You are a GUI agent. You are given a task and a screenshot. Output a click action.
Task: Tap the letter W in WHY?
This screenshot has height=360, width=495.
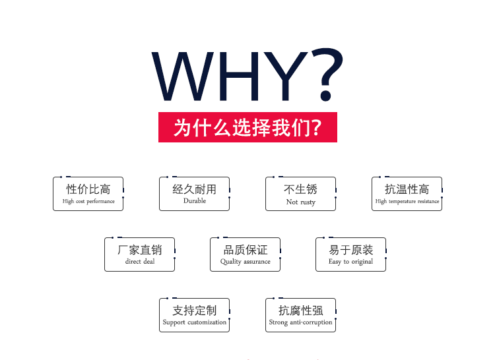pos(183,76)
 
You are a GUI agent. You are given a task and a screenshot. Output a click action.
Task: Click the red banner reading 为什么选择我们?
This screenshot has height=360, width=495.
pos(247,127)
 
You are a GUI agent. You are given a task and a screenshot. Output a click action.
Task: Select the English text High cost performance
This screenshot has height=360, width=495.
pos(88,201)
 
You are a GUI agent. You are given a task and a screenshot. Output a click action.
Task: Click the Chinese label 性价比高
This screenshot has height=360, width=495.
pos(88,189)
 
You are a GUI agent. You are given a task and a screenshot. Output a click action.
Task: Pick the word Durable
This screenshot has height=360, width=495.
pos(195,201)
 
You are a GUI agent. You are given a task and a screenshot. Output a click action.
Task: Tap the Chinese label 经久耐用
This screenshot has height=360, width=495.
pos(195,189)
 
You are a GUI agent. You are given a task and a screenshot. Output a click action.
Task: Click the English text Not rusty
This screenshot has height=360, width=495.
pos(301,202)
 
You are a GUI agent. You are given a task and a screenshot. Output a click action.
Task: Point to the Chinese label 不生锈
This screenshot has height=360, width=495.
pos(300,189)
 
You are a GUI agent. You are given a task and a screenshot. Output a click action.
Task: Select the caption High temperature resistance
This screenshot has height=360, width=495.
pos(407,201)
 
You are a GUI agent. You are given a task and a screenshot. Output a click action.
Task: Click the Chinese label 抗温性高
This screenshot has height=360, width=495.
pos(407,189)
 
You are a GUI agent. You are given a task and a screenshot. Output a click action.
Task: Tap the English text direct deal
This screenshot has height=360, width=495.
pos(140,261)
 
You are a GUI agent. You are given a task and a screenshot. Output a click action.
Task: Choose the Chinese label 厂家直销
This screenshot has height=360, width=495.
pos(140,250)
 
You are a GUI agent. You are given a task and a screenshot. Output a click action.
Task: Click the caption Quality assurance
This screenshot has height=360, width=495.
pos(246,262)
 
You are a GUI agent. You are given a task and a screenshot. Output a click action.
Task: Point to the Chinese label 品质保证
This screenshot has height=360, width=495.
pos(246,250)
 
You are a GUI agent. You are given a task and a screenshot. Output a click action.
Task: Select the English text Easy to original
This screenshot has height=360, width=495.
pos(350,262)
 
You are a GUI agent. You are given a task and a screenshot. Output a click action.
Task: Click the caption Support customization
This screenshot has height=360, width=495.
pos(195,322)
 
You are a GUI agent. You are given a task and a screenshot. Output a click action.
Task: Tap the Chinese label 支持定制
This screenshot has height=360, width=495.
pos(195,311)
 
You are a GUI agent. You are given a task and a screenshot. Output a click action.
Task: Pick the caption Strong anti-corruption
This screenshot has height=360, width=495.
pos(300,322)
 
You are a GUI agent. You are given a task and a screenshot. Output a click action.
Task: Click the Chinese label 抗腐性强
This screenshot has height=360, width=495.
pos(300,311)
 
